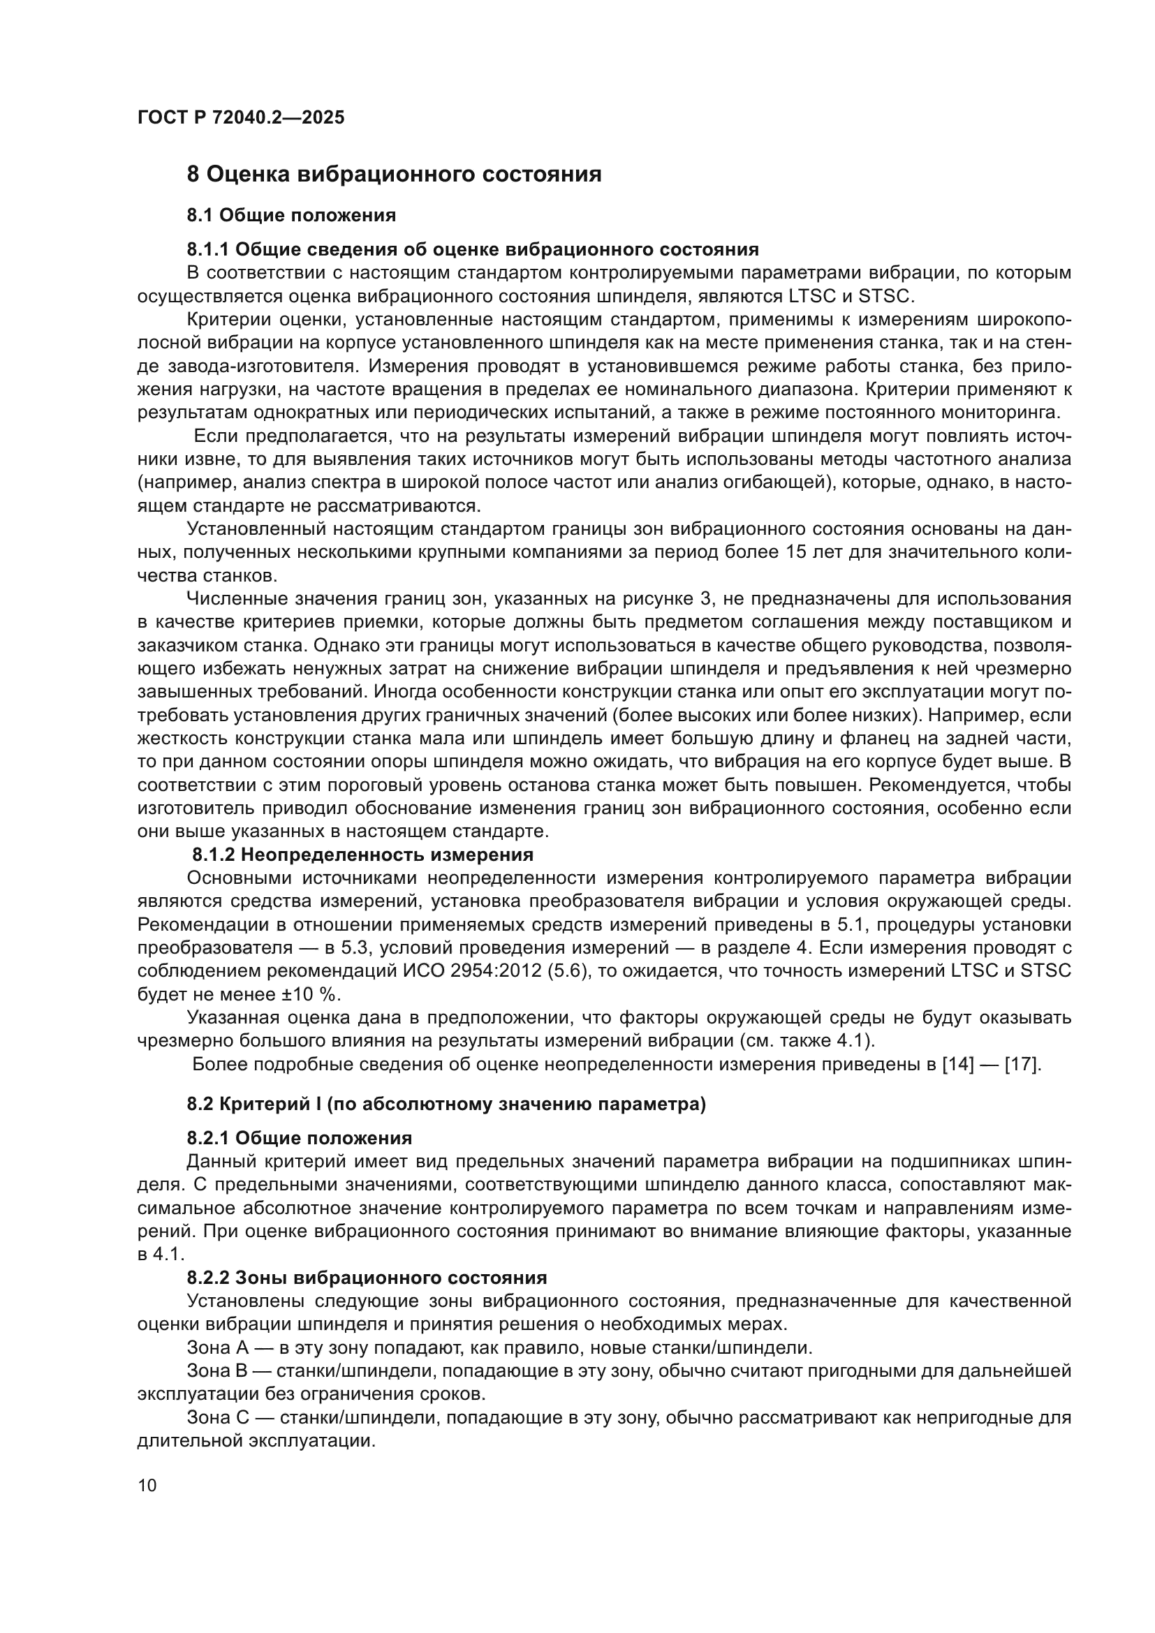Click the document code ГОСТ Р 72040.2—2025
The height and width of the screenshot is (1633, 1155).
(x=240, y=117)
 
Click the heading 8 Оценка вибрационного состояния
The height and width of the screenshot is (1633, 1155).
(x=393, y=175)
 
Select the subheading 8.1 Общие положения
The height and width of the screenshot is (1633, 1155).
(x=291, y=216)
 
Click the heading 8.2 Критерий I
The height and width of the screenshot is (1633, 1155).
(x=446, y=1104)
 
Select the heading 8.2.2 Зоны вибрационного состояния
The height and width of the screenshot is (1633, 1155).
(x=367, y=1278)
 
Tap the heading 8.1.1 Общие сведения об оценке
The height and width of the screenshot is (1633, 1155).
(x=472, y=250)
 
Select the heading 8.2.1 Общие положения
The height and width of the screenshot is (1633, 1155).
(x=299, y=1139)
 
